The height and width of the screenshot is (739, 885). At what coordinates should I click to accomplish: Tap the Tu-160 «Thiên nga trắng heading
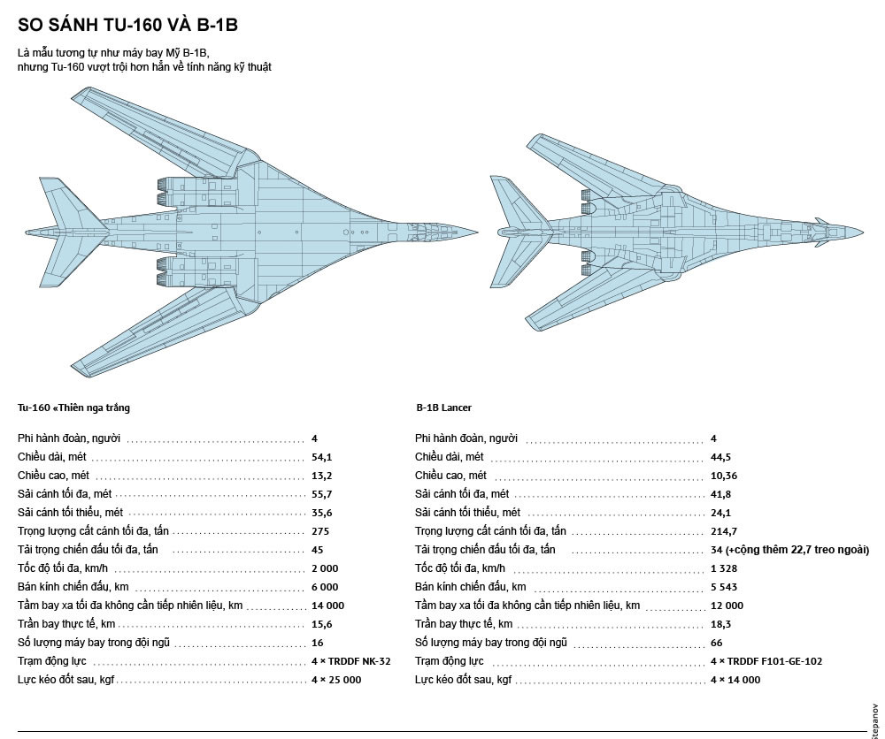[x=73, y=408]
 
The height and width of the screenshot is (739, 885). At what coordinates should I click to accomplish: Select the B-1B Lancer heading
[x=443, y=408]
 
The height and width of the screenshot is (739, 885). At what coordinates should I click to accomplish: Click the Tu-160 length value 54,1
[x=320, y=457]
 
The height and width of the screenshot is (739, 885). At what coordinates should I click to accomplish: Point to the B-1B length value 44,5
[x=720, y=457]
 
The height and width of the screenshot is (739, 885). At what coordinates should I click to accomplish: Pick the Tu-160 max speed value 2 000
[x=325, y=568]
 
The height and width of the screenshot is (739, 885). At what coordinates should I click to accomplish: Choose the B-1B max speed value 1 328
[x=724, y=568]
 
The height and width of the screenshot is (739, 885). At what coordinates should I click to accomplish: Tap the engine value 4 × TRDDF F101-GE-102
[x=766, y=660]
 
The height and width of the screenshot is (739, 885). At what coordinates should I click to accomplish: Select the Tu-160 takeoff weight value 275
[x=319, y=531]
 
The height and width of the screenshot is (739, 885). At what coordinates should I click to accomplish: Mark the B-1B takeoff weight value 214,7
[x=723, y=531]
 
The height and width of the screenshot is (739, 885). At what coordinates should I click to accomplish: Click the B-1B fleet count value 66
[x=716, y=642]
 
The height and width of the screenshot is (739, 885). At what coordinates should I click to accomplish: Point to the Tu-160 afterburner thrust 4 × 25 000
[x=336, y=679]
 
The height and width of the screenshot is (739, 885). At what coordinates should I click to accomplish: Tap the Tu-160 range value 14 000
[x=327, y=606]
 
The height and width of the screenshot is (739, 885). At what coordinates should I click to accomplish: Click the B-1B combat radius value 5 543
[x=724, y=587]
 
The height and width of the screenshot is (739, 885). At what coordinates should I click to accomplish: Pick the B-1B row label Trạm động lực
[x=449, y=660]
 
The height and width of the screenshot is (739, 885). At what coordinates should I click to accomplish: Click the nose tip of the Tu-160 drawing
[x=480, y=230]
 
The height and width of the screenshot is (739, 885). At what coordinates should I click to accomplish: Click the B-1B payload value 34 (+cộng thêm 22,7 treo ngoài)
[x=789, y=550]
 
